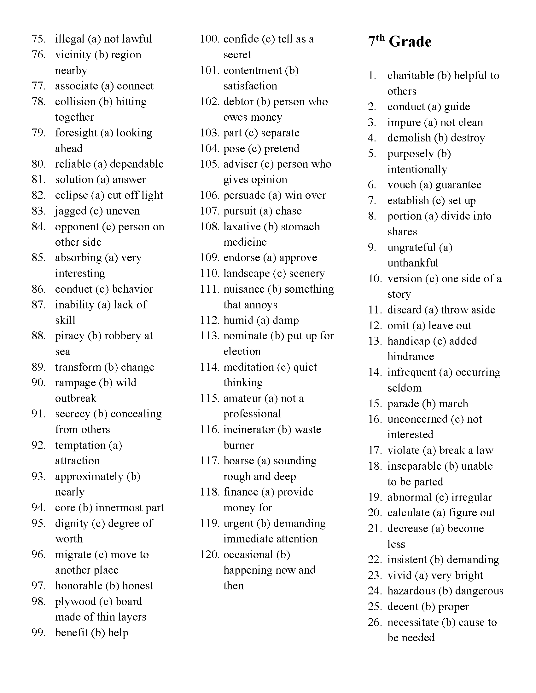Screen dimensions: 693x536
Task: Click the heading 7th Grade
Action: (x=399, y=42)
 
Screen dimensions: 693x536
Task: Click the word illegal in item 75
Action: (x=70, y=39)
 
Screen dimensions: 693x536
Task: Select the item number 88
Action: (x=38, y=336)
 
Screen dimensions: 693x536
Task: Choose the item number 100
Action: (x=210, y=39)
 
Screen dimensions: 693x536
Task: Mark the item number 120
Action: (x=210, y=555)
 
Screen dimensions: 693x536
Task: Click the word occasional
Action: (x=248, y=555)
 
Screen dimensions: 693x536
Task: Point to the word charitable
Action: (x=410, y=76)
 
